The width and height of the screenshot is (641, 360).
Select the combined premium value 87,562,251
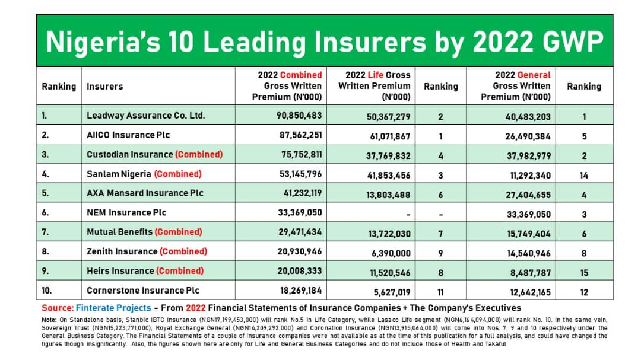tap(301, 135)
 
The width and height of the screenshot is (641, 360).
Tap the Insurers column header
tap(104, 86)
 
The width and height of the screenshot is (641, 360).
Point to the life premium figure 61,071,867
tap(390, 136)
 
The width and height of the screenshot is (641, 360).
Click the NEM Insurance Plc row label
tap(126, 212)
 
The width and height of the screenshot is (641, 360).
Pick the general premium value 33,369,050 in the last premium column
tap(529, 215)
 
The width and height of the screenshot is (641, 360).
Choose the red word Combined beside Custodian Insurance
tap(199, 154)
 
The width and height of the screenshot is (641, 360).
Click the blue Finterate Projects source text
tap(113, 308)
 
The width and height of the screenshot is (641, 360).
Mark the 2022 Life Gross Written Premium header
tap(374, 86)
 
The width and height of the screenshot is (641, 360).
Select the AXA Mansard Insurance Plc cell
tap(145, 193)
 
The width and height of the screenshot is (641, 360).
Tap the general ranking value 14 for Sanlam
tap(584, 176)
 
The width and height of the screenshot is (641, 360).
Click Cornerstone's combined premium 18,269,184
tap(301, 291)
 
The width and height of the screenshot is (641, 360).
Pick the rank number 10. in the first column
tap(47, 291)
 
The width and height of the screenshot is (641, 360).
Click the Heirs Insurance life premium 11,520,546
tap(390, 273)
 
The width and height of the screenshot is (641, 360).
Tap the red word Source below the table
tap(57, 308)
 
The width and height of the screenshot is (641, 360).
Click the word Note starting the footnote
tap(49, 320)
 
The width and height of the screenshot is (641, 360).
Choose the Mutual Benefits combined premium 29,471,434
tap(300, 232)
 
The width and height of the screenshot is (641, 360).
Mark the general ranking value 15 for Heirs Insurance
tap(584, 273)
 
